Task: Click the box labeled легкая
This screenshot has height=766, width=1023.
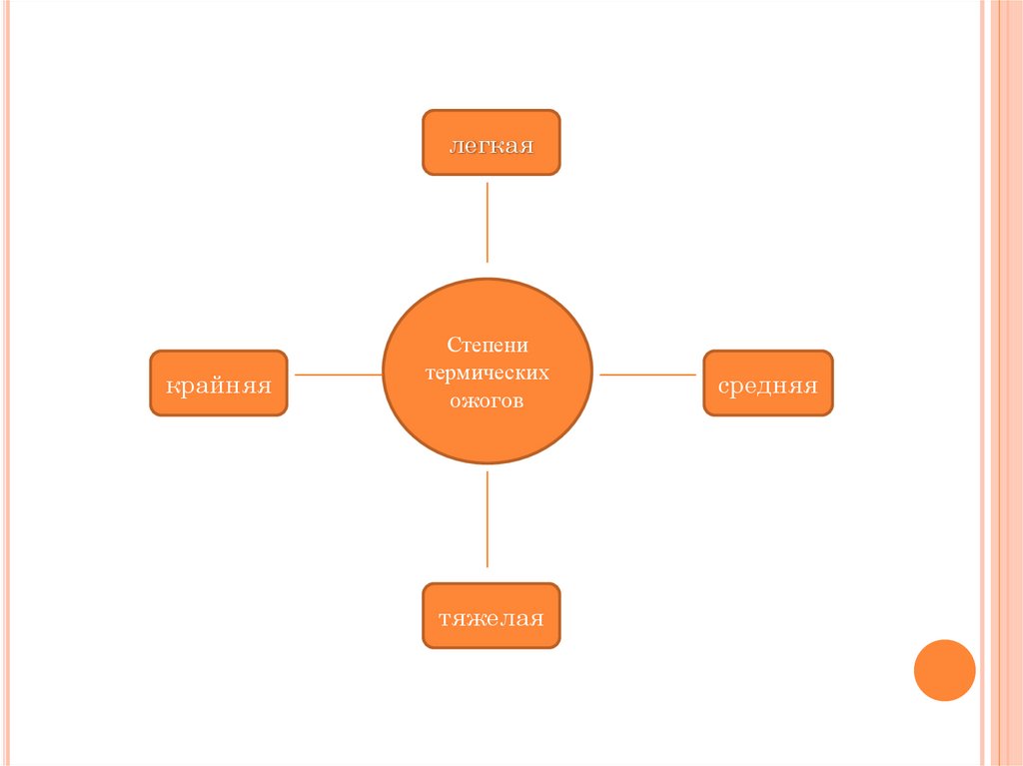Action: [x=491, y=143]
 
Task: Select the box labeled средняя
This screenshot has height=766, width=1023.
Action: [x=767, y=383]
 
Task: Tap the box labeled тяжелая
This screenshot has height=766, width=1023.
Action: [x=491, y=615]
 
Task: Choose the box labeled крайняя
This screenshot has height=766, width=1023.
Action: [x=218, y=383]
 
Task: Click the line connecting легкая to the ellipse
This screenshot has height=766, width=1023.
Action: [x=488, y=222]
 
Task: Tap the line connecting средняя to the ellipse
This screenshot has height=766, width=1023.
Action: [x=647, y=375]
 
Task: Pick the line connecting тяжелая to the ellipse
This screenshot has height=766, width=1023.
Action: [x=488, y=519]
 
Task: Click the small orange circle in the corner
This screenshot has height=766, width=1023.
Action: [x=944, y=669]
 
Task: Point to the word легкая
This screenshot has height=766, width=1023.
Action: [x=491, y=146]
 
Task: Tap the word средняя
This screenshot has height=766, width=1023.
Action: [x=767, y=385]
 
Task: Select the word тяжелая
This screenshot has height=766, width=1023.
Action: [x=491, y=618]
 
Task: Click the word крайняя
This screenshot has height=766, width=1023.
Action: [x=218, y=385]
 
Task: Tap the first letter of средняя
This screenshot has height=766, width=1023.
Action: [x=722, y=385]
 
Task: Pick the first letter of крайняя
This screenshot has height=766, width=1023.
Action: [x=172, y=385]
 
